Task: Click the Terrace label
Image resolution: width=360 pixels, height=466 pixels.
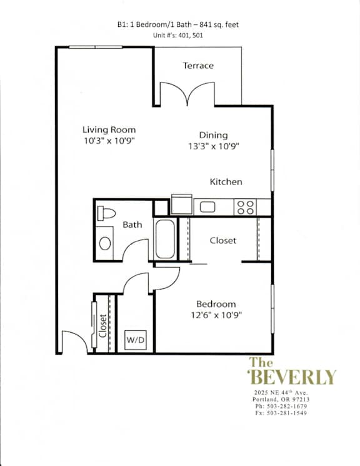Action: (x=198, y=66)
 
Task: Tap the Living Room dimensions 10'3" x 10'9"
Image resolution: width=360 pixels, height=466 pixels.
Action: (x=109, y=141)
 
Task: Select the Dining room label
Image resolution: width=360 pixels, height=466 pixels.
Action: (x=213, y=135)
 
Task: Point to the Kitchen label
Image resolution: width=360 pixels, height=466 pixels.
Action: (x=226, y=181)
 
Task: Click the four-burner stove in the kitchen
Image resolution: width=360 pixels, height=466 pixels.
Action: (x=246, y=207)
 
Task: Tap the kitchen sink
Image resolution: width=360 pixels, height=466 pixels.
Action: (x=207, y=207)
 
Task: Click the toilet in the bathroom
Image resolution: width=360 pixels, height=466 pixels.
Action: (x=106, y=213)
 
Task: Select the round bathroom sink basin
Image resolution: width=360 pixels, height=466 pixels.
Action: (x=105, y=243)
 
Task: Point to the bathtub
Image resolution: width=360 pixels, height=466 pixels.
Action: (x=165, y=239)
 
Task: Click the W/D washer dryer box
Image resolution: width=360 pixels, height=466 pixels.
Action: (x=136, y=340)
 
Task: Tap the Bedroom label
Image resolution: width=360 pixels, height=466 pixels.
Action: (x=216, y=304)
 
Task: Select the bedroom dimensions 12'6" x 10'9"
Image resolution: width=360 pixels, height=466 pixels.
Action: (x=216, y=315)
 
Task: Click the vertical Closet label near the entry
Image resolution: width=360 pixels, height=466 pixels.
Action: (x=102, y=326)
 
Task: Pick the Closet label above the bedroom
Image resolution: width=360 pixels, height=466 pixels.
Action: (x=223, y=240)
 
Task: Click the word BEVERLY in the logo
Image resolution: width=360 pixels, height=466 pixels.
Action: (x=292, y=377)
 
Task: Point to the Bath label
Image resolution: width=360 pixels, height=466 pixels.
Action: (x=132, y=225)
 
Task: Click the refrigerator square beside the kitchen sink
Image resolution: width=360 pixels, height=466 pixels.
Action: (x=181, y=204)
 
